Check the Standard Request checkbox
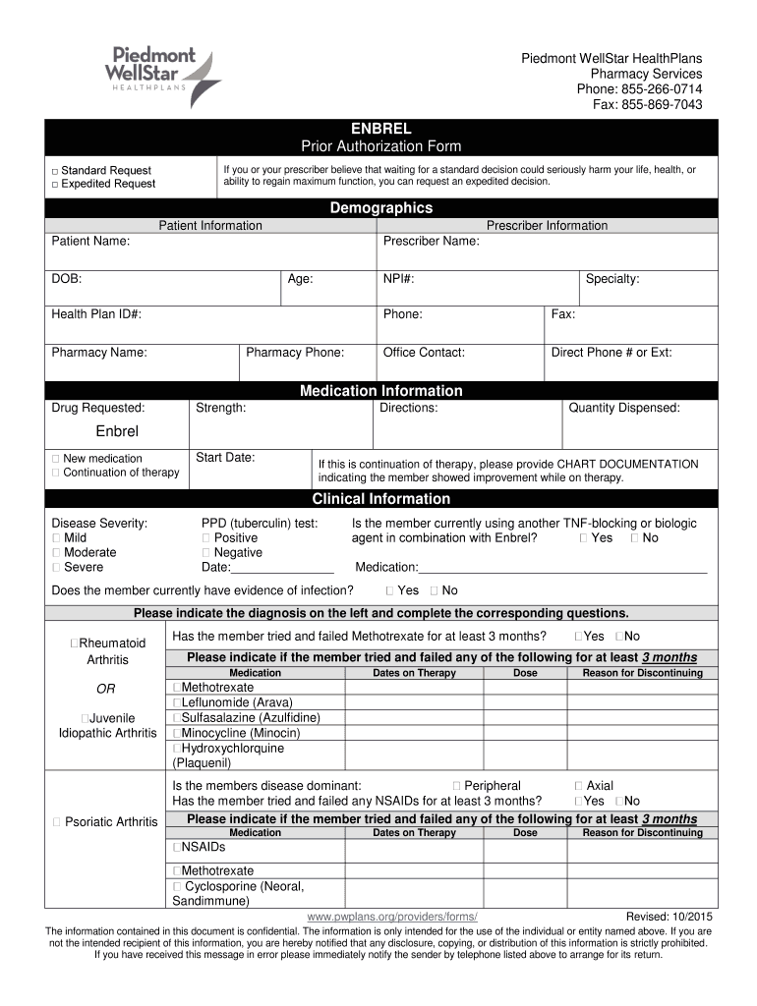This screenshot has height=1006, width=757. pos(55,172)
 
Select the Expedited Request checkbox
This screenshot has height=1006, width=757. pos(55,184)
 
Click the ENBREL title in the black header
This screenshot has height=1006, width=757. pos(380,130)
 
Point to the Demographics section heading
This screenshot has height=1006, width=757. pos(380,208)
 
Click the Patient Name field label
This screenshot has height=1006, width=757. pos(90,241)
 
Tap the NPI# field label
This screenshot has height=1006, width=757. pos(398,279)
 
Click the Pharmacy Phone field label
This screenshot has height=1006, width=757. pos(295,353)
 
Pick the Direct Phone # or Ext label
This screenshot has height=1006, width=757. pos(611,353)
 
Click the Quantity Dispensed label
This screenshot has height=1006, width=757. pos(624,408)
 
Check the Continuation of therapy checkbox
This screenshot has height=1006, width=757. pos(56,473)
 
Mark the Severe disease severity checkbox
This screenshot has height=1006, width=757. pos(56,567)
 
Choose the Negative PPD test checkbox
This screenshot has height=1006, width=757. pos(205,553)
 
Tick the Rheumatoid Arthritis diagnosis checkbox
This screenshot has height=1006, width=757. pos(75,643)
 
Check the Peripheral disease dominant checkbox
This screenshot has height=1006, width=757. pos(457,786)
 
